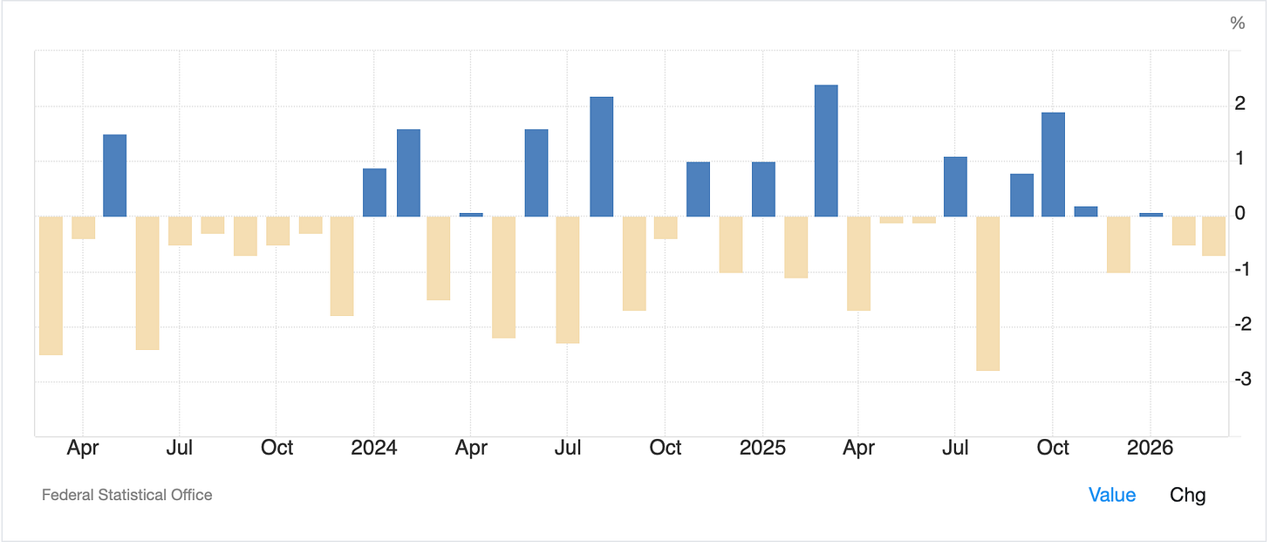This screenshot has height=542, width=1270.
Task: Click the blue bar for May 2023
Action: point(114,175)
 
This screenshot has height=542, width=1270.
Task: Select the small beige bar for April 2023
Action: point(84,228)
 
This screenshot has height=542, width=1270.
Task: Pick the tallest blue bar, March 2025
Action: point(826,150)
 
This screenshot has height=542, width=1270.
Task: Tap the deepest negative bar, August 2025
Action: point(987,293)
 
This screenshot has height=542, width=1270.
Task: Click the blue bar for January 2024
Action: point(374,192)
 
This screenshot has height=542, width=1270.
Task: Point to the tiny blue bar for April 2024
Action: point(471,215)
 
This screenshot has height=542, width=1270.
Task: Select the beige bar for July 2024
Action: point(568,280)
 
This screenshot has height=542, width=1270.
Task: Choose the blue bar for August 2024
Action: point(602,156)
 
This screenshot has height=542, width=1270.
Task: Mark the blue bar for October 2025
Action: point(1053,165)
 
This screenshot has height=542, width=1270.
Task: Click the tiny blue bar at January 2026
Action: point(1151,215)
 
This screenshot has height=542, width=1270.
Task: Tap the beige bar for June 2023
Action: point(147,283)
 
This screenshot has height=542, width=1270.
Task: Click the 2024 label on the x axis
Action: point(373,448)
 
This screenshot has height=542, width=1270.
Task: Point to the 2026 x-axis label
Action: point(1150,448)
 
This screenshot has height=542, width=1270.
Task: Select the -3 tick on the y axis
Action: point(1243,379)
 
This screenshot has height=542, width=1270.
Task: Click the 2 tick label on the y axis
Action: point(1240,103)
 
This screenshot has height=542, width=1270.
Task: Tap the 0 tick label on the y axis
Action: point(1240,213)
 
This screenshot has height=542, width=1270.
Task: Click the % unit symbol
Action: point(1238,24)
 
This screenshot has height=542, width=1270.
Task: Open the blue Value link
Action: point(1112,495)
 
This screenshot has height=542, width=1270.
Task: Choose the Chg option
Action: point(1187,496)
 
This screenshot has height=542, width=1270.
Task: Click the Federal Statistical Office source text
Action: point(127,495)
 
